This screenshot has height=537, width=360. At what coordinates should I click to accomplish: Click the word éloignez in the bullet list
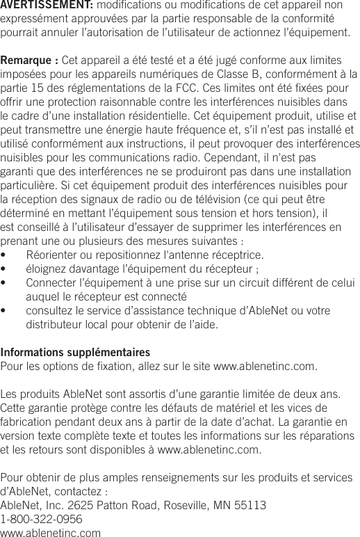(47, 268)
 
